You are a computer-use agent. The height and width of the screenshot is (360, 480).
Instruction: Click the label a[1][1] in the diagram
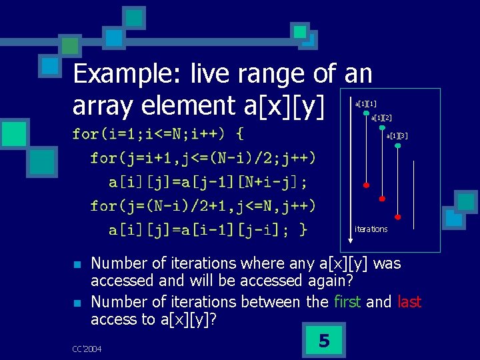(x=365, y=104)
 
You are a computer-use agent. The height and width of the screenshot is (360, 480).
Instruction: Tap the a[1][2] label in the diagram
(x=381, y=118)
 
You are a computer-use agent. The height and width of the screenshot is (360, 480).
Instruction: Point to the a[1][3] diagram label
(x=397, y=136)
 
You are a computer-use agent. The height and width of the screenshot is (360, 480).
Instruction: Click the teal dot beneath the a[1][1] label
(x=366, y=113)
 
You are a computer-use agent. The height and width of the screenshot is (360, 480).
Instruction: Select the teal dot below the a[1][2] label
(x=382, y=127)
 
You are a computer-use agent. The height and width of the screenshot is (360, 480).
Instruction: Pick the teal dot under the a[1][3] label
(x=398, y=145)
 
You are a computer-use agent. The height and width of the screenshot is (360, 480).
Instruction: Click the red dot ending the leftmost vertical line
(x=366, y=184)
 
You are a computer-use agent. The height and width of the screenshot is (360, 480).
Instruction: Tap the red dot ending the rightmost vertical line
(x=398, y=217)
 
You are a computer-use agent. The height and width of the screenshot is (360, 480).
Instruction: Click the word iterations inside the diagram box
(x=371, y=229)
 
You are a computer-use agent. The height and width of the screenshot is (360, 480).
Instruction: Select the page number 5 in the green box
(x=324, y=341)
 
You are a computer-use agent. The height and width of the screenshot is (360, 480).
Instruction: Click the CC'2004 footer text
(x=87, y=349)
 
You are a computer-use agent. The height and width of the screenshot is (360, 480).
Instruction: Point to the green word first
(x=345, y=302)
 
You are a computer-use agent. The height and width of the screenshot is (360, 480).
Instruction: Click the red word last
(x=409, y=302)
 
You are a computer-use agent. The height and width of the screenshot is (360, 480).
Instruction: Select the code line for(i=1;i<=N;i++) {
(x=157, y=134)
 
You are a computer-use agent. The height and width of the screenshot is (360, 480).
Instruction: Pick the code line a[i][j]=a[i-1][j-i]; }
(x=208, y=230)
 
